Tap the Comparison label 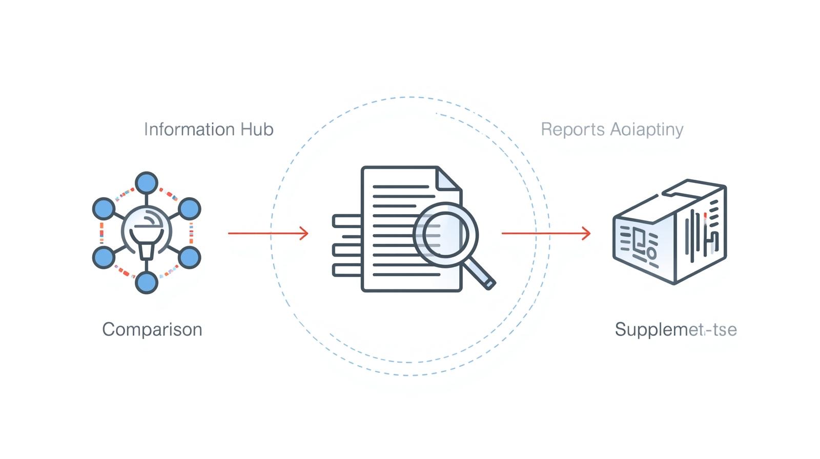point(152,329)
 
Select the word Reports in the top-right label point(572,129)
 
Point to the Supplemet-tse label point(675,329)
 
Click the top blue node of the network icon point(147,183)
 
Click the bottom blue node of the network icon point(147,282)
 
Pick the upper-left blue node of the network point(104,208)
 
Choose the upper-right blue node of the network point(189,208)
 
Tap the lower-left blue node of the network point(104,257)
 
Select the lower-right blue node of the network point(189,257)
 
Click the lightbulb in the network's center point(147,233)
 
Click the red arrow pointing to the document point(268,234)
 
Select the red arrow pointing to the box point(545,234)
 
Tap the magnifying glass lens point(445,235)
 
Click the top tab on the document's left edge point(347,221)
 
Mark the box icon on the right point(670,232)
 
